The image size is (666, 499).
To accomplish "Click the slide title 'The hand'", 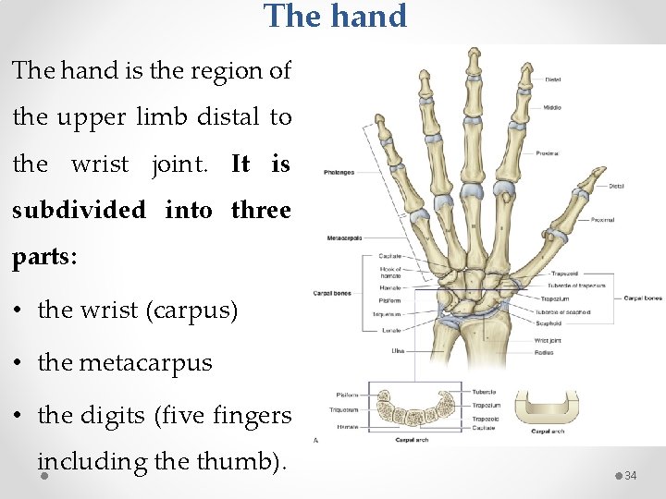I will [x=335, y=16].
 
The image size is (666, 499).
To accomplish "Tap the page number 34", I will [x=631, y=475].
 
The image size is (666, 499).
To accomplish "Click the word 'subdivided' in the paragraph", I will [x=79, y=210].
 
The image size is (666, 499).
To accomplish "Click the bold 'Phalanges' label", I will [x=339, y=172].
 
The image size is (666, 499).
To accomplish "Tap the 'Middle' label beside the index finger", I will [x=552, y=107].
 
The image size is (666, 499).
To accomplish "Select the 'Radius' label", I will [x=544, y=350].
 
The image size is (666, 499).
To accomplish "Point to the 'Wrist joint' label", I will [x=549, y=340].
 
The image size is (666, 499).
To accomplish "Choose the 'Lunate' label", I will [x=392, y=328].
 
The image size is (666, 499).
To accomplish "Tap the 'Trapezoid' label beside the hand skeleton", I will [x=563, y=274].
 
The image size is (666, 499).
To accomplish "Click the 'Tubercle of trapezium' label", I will [x=577, y=286].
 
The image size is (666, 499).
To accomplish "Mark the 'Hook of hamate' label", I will [x=391, y=273].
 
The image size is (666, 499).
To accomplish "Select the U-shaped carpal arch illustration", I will [x=547, y=403].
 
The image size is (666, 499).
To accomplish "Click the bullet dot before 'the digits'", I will [x=19, y=415].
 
